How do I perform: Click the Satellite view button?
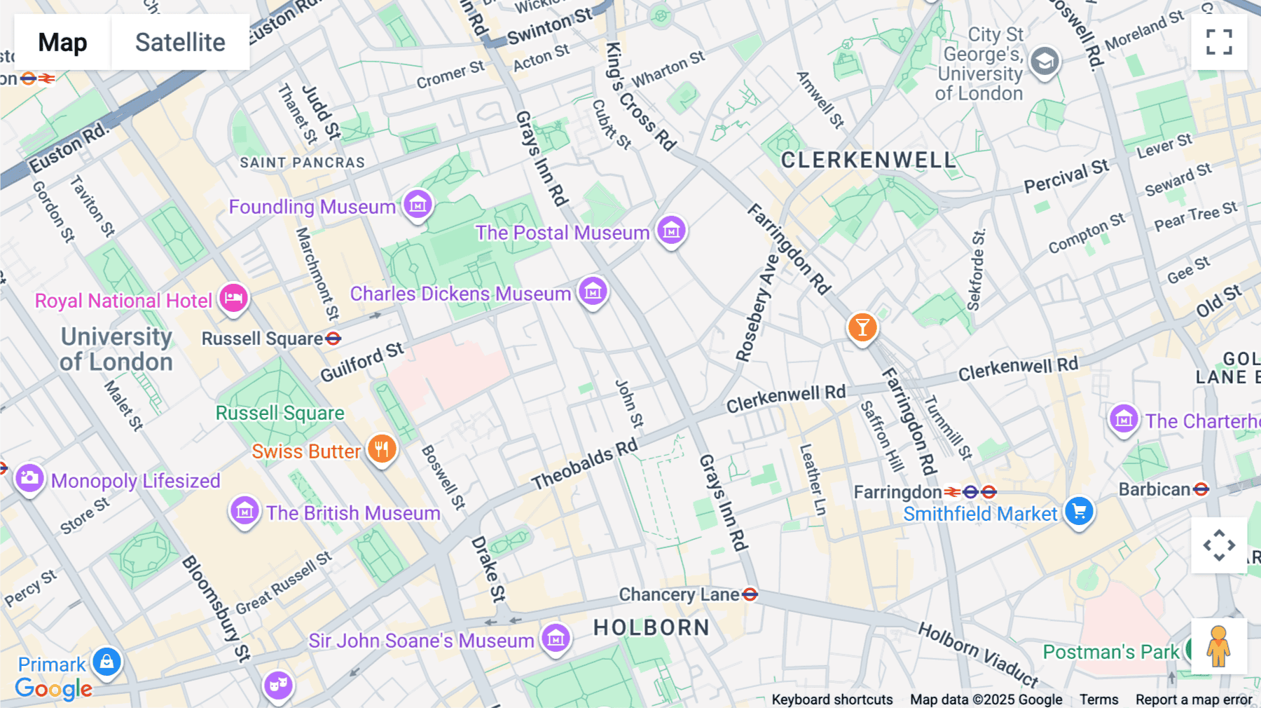(x=180, y=42)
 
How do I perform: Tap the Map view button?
(x=62, y=42)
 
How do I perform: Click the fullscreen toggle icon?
(x=1219, y=42)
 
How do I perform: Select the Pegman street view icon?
(x=1218, y=646)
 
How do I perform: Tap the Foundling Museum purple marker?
(x=418, y=205)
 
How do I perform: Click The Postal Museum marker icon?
(x=671, y=230)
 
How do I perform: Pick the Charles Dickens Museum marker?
(x=593, y=291)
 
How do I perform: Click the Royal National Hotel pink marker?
(x=233, y=298)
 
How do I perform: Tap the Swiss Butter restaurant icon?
(x=382, y=449)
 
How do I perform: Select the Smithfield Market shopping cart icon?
(x=1079, y=511)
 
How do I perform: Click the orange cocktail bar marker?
(x=862, y=327)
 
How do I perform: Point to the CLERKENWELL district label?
(x=868, y=161)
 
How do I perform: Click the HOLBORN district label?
(x=652, y=627)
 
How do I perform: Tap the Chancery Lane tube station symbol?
(x=750, y=595)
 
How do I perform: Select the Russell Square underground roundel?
(x=333, y=339)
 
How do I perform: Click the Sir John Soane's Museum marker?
(x=556, y=638)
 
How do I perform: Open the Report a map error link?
(x=1194, y=700)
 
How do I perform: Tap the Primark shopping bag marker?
(x=106, y=661)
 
